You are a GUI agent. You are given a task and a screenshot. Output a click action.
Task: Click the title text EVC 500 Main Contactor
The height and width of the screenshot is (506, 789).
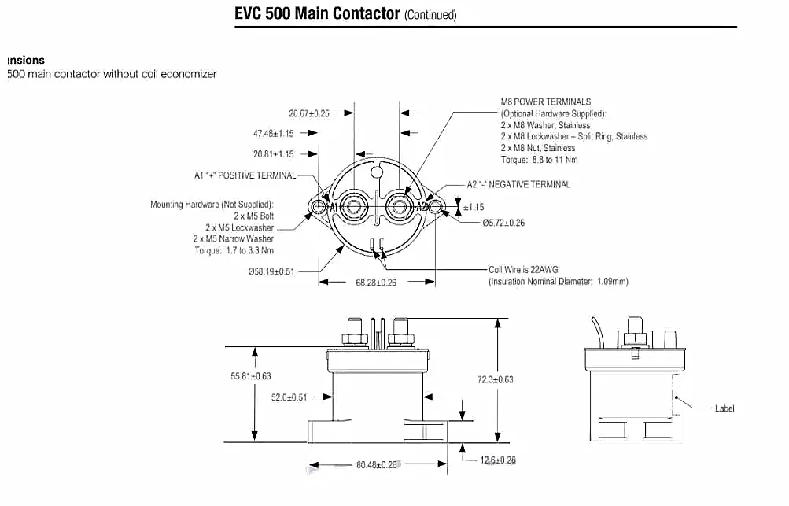pos(317,14)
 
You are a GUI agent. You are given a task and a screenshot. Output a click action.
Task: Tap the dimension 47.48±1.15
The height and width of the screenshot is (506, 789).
pos(274,134)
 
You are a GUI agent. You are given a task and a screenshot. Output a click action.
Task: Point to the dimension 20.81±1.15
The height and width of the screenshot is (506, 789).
pos(274,154)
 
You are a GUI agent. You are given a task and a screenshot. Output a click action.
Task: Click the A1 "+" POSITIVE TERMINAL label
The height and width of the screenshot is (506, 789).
pos(245,175)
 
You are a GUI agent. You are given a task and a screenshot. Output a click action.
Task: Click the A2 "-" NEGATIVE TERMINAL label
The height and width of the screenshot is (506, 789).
pos(518,185)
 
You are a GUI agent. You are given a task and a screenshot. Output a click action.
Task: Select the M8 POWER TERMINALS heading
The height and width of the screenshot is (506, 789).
pos(546,102)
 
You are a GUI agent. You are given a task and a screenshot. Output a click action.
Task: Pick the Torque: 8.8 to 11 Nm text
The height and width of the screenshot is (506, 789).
pos(539,160)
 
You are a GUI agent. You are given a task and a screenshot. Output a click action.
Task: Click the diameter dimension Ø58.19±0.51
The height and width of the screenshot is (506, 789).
pos(271,271)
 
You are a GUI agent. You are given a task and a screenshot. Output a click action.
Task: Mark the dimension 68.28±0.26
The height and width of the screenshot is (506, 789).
pos(376,283)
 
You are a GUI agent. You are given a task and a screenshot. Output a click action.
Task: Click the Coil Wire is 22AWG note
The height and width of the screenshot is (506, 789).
pos(523,270)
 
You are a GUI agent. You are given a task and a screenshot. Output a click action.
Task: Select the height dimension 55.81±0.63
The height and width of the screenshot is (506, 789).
pos(251,377)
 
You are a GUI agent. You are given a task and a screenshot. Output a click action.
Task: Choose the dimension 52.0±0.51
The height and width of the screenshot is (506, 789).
pos(289,398)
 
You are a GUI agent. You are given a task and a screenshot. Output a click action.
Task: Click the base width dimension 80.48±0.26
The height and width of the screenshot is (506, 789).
pos(377,465)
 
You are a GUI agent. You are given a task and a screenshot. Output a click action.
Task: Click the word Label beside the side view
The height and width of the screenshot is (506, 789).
pos(724,409)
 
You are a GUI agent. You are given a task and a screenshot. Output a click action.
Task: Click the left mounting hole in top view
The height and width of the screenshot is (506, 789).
pos(319,207)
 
